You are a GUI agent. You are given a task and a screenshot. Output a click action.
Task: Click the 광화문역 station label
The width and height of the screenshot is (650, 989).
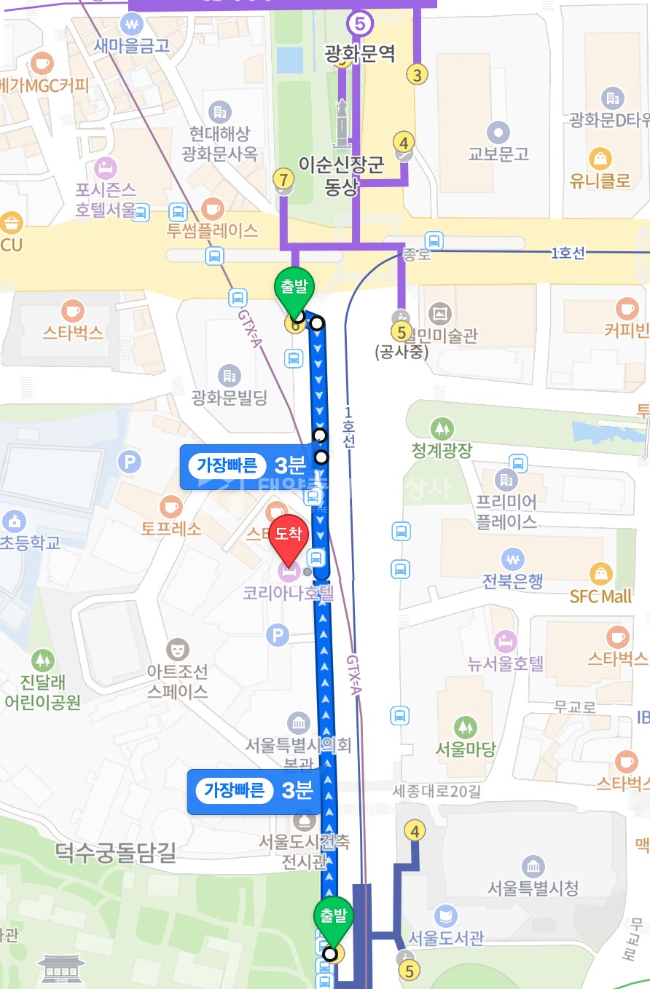pyautogui.click(x=361, y=52)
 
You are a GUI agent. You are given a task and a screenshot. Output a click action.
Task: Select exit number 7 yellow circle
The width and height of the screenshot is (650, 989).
pyautogui.click(x=284, y=178)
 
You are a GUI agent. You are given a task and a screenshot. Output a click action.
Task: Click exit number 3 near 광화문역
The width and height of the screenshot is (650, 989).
pyautogui.click(x=417, y=74)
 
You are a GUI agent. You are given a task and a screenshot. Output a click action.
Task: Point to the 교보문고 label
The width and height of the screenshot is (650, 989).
pyautogui.click(x=498, y=154)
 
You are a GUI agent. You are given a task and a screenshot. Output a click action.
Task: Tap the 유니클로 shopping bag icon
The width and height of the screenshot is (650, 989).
pyautogui.click(x=600, y=157)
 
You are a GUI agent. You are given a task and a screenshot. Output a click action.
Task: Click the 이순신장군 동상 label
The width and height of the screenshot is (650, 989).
pyautogui.click(x=341, y=176)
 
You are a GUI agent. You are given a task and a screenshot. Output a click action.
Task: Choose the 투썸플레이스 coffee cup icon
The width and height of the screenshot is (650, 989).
pyautogui.click(x=213, y=209)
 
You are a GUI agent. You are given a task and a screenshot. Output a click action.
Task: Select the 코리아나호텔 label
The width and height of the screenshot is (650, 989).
pyautogui.click(x=288, y=592)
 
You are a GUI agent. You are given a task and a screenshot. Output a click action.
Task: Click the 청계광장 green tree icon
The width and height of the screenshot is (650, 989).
pyautogui.click(x=441, y=428)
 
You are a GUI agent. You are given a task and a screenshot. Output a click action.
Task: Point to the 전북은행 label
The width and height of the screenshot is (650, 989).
pyautogui.click(x=512, y=581)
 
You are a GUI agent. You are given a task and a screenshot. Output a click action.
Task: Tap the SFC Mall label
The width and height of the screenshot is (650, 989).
pyautogui.click(x=600, y=596)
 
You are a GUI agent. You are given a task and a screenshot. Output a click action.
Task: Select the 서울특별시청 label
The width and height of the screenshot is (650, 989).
pyautogui.click(x=533, y=888)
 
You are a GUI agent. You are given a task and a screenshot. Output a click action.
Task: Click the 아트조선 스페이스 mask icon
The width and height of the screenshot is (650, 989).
pyautogui.click(x=177, y=647)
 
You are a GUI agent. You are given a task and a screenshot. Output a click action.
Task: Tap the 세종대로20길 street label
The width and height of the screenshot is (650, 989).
pyautogui.click(x=437, y=791)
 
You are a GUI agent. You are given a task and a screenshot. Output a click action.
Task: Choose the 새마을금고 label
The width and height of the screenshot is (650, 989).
pyautogui.click(x=132, y=44)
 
